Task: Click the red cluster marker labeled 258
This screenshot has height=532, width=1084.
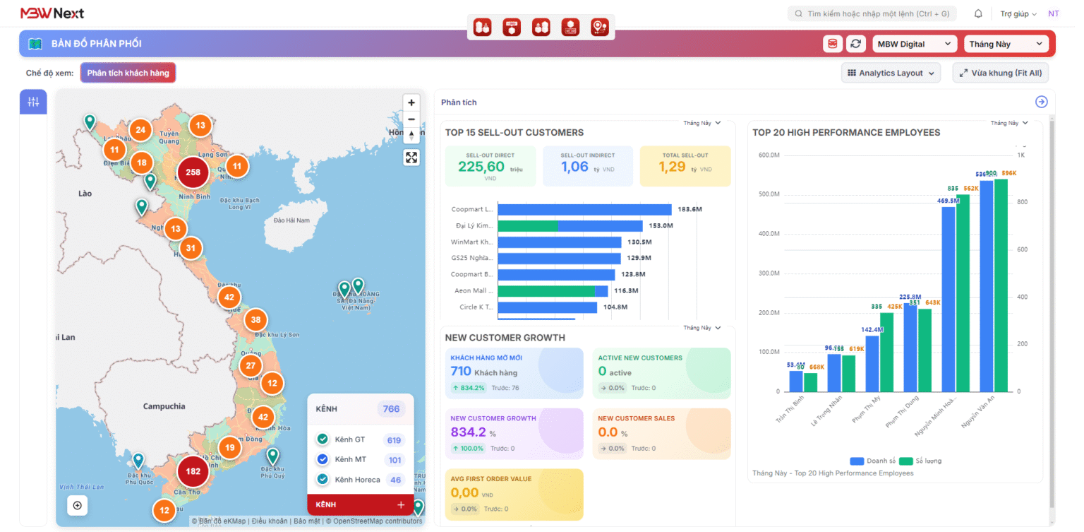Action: pyautogui.click(x=193, y=172)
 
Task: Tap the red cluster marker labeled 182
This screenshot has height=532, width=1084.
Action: pyautogui.click(x=193, y=471)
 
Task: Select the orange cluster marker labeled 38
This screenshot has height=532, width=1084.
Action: pyautogui.click(x=256, y=320)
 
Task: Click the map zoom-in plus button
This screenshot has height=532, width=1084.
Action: pyautogui.click(x=411, y=102)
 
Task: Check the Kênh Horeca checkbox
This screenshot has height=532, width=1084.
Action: pyautogui.click(x=323, y=480)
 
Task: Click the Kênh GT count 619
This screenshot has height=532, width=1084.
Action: pyautogui.click(x=394, y=440)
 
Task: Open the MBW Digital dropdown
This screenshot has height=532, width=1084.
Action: pyautogui.click(x=915, y=44)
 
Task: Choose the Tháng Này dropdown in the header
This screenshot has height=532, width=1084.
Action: pyautogui.click(x=1006, y=44)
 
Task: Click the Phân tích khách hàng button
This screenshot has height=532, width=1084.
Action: pyautogui.click(x=128, y=73)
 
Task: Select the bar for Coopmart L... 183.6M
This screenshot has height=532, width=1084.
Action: pyautogui.click(x=584, y=209)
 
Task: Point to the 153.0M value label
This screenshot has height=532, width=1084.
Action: pyautogui.click(x=661, y=226)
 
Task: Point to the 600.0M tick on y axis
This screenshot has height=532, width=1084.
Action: pyautogui.click(x=769, y=155)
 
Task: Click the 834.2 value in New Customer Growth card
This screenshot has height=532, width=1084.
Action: pyautogui.click(x=468, y=432)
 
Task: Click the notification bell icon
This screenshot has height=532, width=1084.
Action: pyautogui.click(x=978, y=13)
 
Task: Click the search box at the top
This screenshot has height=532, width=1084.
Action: pyautogui.click(x=872, y=13)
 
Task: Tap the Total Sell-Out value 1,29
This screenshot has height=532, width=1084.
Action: pyautogui.click(x=672, y=167)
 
